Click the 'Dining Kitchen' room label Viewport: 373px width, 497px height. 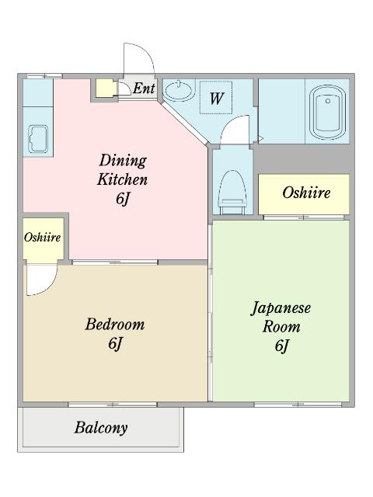point(122,169)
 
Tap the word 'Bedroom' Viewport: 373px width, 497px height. point(115,324)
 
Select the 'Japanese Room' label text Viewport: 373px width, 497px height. point(281,317)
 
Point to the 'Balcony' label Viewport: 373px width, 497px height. point(101,427)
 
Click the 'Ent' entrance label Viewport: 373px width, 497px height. point(144,88)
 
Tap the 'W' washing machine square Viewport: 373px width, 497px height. point(217,99)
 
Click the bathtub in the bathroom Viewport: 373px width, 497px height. point(327,113)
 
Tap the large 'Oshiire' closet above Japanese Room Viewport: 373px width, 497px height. point(305,193)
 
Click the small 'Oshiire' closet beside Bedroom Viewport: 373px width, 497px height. point(43,237)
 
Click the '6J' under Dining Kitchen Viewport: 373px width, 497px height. point(122,198)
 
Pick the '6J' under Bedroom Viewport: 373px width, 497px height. point(115,342)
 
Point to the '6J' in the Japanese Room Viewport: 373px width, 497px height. point(281,346)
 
